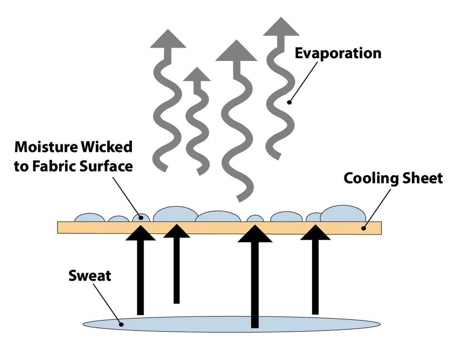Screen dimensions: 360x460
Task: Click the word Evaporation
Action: click(x=338, y=53)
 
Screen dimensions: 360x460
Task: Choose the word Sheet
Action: click(x=423, y=178)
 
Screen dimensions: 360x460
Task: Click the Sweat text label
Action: click(x=90, y=275)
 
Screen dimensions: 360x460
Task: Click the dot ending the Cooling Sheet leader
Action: click(x=363, y=228)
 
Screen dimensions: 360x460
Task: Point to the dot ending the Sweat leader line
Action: click(x=121, y=324)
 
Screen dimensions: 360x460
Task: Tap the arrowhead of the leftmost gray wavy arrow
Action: click(x=168, y=39)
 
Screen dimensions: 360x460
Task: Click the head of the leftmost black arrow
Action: click(x=140, y=232)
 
